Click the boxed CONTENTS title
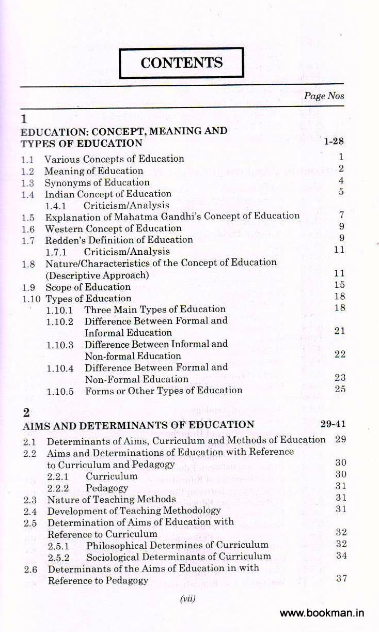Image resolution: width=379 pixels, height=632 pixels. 181,63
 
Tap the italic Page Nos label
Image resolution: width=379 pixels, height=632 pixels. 324,96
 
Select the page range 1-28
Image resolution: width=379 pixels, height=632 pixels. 334,141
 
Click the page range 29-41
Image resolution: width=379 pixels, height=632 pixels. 333,424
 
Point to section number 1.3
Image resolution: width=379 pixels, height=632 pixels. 28,183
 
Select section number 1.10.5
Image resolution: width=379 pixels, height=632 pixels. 60,391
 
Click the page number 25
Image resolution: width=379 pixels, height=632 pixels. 340,389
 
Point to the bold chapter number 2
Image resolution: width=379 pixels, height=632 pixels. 26,413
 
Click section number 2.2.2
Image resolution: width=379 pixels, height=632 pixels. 59,488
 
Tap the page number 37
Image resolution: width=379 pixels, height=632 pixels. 341,578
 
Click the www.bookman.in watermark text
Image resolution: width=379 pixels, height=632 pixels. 322,613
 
